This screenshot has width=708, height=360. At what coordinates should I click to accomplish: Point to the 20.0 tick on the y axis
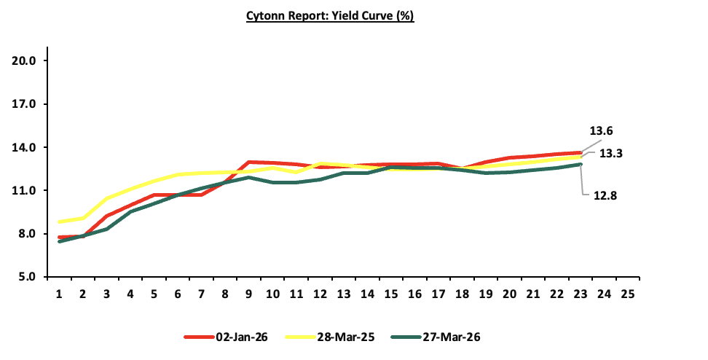click(25, 60)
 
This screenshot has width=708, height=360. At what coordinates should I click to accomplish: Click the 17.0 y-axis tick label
click(25, 104)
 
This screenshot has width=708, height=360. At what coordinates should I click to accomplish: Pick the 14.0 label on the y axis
click(25, 147)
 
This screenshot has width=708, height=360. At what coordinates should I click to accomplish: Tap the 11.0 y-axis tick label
click(25, 191)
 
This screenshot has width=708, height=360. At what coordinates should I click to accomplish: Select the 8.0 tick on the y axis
click(28, 234)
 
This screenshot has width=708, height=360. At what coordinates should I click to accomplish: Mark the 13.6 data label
click(601, 131)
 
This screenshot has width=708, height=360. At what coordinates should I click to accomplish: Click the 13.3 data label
click(610, 154)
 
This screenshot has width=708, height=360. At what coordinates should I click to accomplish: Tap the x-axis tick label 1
click(59, 294)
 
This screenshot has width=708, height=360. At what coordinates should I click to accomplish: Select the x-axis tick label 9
click(248, 294)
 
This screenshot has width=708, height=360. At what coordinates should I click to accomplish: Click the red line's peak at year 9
click(248, 162)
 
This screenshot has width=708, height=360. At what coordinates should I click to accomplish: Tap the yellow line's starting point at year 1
click(59, 222)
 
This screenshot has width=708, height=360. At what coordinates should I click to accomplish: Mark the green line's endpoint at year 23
click(581, 165)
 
